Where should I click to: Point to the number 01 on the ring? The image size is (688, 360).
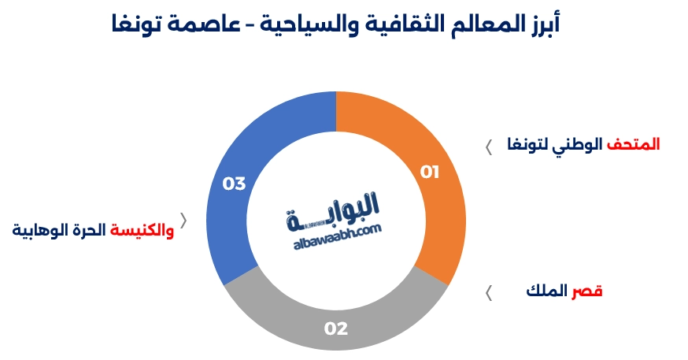click(x=429, y=172)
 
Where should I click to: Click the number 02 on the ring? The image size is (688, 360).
click(x=336, y=328)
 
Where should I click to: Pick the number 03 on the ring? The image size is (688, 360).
click(x=234, y=184)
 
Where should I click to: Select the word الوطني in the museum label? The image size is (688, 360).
click(x=580, y=145)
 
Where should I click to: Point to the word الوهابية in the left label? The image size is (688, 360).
click(x=37, y=230)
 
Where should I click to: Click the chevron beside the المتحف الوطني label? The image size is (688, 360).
click(x=488, y=147)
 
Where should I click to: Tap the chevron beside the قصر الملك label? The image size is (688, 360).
click(x=488, y=293)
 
